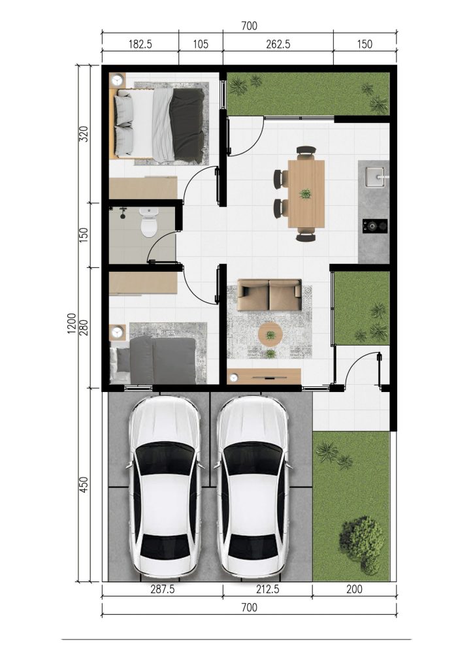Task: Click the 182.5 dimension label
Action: (140, 44)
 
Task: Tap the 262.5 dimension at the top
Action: (278, 44)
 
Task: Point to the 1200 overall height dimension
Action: (72, 323)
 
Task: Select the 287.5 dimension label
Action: (163, 589)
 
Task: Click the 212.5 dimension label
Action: (267, 589)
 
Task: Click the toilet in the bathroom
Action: (149, 221)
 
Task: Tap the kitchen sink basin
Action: (375, 177)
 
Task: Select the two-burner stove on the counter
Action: (375, 225)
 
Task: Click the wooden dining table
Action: (306, 194)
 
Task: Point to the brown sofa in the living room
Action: (269, 295)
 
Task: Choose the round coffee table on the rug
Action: (270, 334)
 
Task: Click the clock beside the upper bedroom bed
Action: (118, 79)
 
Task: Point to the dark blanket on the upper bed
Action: (187, 125)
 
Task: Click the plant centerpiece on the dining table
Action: (305, 194)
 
